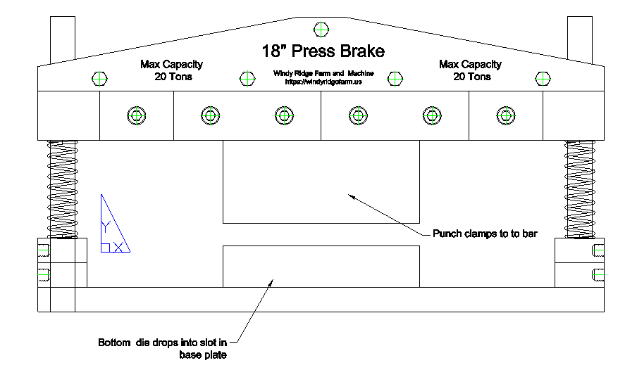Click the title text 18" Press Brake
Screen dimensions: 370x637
[323, 51]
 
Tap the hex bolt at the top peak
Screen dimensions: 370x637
[321, 30]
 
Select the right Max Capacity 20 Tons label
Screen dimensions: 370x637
[471, 70]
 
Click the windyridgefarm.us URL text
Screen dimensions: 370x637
[323, 82]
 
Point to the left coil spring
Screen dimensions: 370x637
[61, 189]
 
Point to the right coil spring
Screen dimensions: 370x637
[579, 189]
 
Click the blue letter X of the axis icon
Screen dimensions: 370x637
[119, 247]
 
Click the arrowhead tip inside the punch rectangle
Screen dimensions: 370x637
[350, 196]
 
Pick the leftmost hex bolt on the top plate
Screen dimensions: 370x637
[99, 79]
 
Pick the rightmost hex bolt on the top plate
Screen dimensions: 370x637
[542, 78]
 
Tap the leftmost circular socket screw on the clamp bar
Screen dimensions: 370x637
[135, 115]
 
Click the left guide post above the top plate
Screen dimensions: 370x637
[61, 39]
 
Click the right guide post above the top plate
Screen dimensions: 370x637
[580, 39]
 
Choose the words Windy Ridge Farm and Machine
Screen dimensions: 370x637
[323, 74]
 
